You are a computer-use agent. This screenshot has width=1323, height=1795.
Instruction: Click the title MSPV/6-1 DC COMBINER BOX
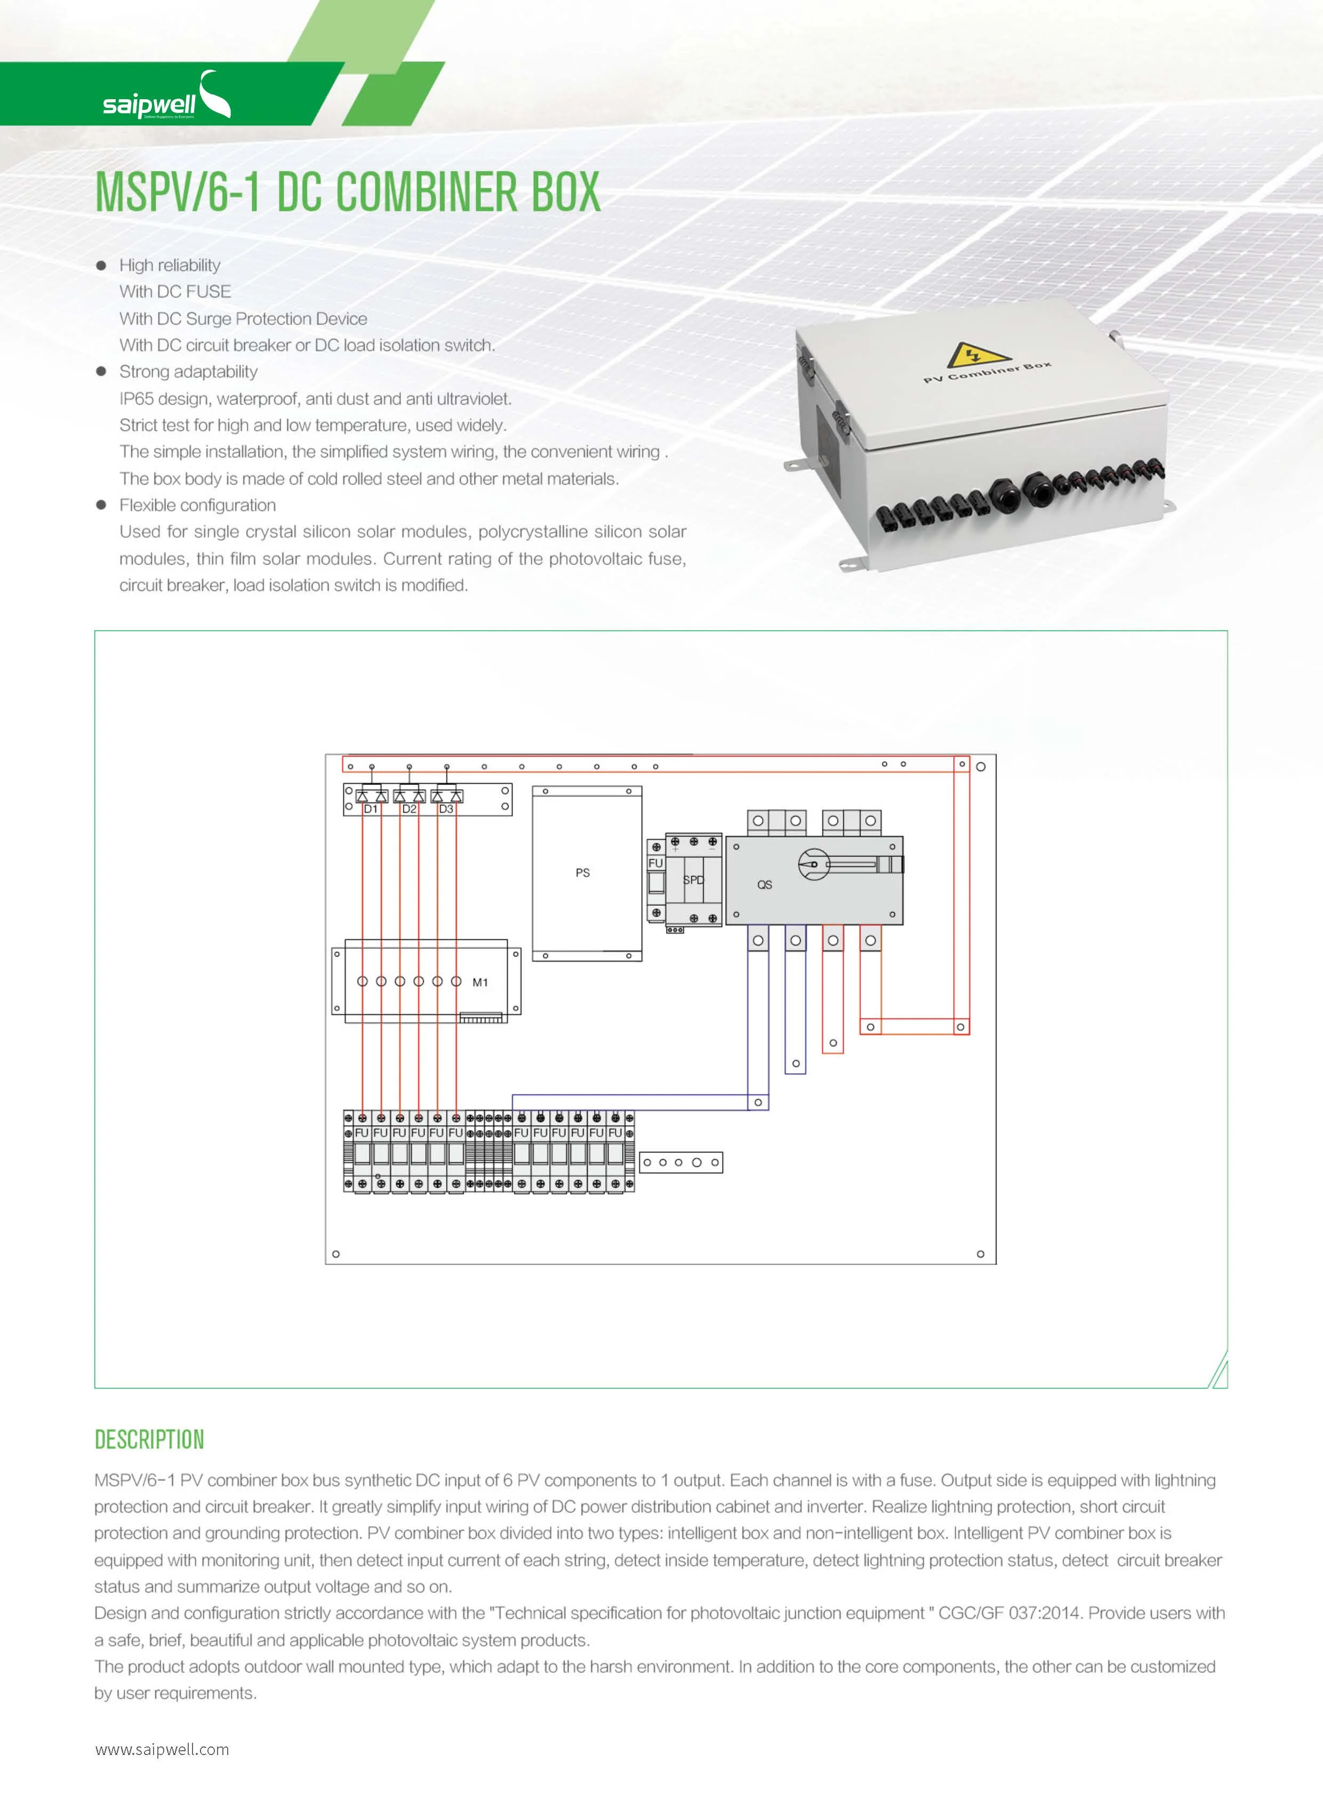(348, 192)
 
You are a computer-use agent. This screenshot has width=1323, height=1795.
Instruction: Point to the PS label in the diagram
(582, 872)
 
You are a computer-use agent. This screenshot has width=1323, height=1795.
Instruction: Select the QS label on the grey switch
(764, 884)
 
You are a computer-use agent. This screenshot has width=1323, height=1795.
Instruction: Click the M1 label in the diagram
(480, 982)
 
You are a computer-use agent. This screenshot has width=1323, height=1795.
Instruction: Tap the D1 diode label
(371, 809)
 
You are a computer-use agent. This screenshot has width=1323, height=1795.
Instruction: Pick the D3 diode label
(446, 809)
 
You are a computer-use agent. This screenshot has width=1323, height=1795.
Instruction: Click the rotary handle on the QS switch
(814, 864)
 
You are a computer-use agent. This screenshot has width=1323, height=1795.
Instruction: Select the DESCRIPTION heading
(149, 1439)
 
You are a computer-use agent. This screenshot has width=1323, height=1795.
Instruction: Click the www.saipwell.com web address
(162, 1749)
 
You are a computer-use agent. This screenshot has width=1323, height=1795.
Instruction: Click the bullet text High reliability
(170, 265)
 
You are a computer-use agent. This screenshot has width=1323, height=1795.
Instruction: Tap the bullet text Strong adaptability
(188, 372)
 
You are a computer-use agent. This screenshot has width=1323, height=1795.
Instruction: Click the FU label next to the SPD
(655, 863)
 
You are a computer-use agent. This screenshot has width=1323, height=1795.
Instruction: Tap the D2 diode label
(409, 809)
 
